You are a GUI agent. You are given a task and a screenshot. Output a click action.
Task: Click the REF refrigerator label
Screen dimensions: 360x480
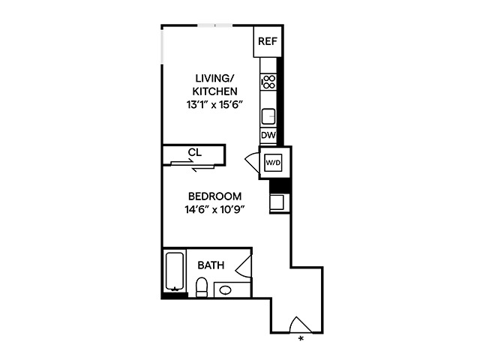[267, 41]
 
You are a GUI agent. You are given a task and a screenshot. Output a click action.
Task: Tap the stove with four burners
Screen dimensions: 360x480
[268, 82]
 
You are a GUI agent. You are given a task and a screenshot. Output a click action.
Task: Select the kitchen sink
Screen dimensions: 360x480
[268, 115]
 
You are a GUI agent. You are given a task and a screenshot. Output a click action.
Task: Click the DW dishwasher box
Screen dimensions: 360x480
[268, 136]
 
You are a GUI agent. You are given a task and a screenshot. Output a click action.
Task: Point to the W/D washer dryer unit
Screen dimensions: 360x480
[272, 162]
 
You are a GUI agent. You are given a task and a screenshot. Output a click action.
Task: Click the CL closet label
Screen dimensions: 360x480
[194, 152]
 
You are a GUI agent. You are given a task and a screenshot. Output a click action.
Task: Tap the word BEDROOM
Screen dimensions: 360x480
[209, 196]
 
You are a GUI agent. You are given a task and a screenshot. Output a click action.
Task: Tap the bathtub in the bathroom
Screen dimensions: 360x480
[175, 271]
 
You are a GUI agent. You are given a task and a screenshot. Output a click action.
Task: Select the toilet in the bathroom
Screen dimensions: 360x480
[201, 287]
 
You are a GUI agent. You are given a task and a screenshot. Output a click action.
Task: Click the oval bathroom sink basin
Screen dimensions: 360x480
[225, 289]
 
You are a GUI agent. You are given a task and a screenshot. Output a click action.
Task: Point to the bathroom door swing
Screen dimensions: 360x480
[243, 265]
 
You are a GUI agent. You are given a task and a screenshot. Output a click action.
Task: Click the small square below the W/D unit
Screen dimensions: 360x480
[276, 201]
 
